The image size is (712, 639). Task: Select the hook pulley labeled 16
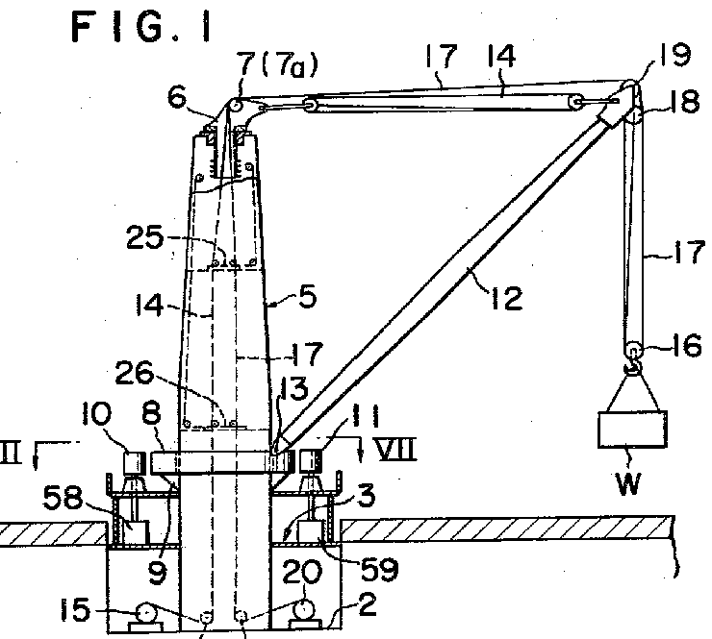pyautogui.click(x=635, y=351)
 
